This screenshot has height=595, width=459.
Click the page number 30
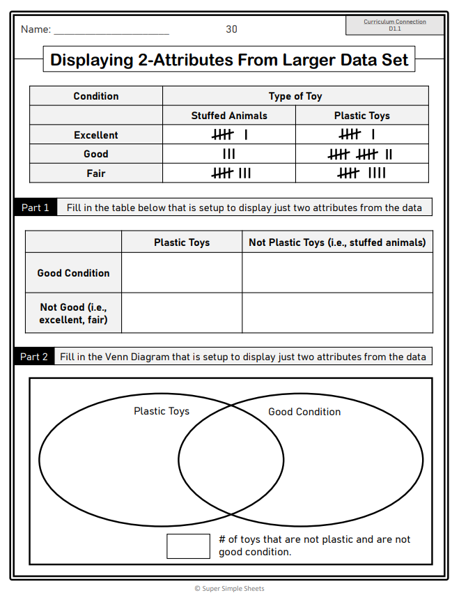231,29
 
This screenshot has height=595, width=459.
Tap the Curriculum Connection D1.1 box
395,25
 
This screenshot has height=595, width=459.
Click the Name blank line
111,32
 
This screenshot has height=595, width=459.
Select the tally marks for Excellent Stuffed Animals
229,135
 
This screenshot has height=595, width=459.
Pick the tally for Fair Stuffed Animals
231,173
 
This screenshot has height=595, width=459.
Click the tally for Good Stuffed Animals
228,154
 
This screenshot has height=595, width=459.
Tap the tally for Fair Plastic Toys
361,173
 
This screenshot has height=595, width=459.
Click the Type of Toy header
295,96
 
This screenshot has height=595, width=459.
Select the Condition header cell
96,96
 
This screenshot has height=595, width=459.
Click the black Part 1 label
36,208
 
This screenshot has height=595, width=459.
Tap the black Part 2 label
34,357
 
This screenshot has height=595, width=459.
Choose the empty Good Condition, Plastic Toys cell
182,273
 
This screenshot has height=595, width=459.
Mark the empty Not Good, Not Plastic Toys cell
337,312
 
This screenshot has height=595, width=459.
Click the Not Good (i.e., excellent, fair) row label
74,313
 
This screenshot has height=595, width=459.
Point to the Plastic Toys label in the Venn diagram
162,411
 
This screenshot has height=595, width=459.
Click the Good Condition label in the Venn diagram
304,412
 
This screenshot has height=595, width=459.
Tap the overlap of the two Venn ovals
231,460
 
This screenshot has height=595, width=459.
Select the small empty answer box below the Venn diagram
188,546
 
